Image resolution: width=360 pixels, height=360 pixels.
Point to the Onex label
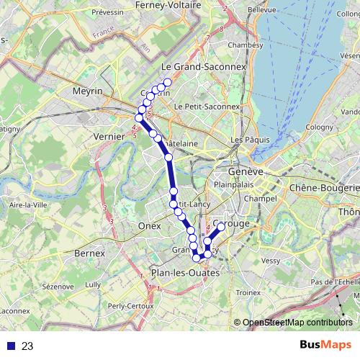(149, 225)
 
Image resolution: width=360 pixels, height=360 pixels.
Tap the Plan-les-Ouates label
(181, 272)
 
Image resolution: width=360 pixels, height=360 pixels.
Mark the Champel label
(260, 197)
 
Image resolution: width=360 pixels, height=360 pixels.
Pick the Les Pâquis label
(245, 139)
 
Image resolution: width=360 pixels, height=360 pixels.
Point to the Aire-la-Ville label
(26, 205)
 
